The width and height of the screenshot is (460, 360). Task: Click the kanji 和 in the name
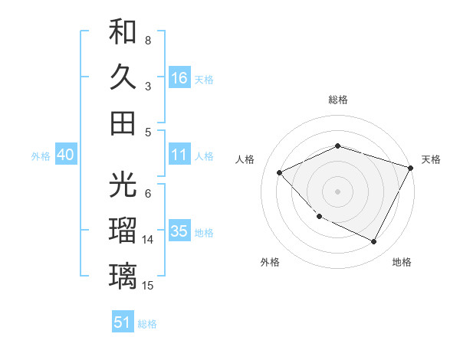coord(123,31)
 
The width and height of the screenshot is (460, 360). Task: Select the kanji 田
coord(123,122)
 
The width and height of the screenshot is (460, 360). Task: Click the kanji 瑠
coord(123,230)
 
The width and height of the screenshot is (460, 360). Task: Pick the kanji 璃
coord(123,275)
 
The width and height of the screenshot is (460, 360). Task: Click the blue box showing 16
coord(179,77)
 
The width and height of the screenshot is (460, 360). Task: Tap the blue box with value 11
coord(179,155)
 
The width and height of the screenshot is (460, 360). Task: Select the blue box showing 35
coord(179,232)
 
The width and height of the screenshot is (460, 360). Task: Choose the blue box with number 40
coord(65,155)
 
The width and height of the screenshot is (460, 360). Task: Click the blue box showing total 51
coord(123,322)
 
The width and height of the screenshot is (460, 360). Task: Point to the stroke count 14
coord(149,240)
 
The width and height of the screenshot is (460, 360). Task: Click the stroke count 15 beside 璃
coord(149,286)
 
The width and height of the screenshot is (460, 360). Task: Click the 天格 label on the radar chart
coord(431,159)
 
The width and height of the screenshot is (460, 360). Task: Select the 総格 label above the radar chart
coord(337,100)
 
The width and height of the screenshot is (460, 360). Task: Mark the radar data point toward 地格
coord(374,242)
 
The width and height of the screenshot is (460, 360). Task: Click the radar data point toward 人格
coord(280,172)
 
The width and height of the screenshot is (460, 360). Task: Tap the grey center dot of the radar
coord(337,191)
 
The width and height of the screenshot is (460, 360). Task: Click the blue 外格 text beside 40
coord(41,156)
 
